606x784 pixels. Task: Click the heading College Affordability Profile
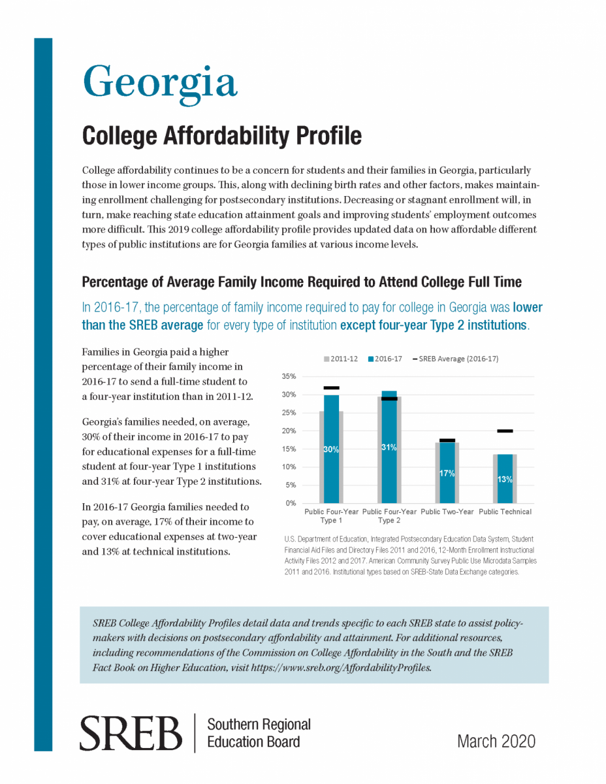tap(221, 136)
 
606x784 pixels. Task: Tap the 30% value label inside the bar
tap(331, 449)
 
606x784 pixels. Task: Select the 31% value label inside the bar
tap(389, 448)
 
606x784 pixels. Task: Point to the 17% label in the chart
tap(447, 474)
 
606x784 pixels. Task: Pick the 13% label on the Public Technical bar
tap(505, 479)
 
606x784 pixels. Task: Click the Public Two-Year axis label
tap(447, 512)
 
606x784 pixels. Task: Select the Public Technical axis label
tap(505, 512)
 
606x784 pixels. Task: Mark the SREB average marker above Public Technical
tap(505, 431)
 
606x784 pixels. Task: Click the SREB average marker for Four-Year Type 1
tap(331, 388)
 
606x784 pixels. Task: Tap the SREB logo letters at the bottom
tap(131, 733)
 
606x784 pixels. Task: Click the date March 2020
tap(496, 741)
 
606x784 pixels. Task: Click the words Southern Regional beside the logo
tap(259, 725)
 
